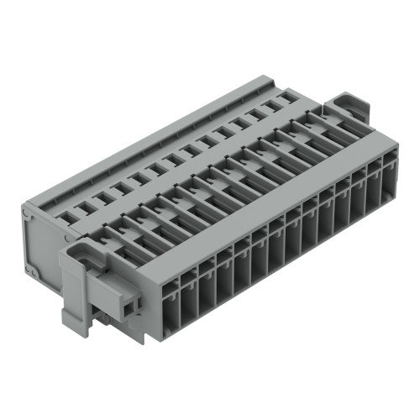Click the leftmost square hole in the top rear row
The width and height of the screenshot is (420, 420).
(x=66, y=215)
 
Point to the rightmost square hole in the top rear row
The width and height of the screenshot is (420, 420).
(x=286, y=98)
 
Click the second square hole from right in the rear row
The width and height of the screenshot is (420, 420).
(x=270, y=107)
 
